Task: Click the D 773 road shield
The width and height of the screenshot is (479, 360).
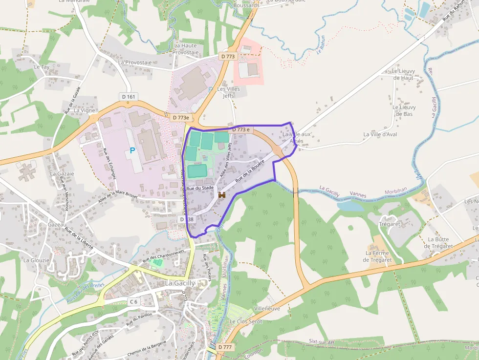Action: (228, 57)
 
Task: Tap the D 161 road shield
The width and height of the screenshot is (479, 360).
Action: (128, 97)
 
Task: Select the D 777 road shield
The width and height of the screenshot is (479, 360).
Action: (225, 347)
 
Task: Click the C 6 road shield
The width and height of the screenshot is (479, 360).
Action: (134, 302)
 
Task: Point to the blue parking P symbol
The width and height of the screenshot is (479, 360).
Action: (132, 151)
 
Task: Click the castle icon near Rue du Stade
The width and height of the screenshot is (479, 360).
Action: (221, 195)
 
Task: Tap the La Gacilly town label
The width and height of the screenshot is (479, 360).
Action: (180, 283)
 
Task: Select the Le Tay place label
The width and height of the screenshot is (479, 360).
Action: (42, 67)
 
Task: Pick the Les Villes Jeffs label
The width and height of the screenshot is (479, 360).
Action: (228, 92)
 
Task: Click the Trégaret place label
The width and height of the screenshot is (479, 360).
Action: (390, 224)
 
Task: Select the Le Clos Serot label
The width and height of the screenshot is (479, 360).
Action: (246, 322)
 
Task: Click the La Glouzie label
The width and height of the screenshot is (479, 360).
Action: (37, 260)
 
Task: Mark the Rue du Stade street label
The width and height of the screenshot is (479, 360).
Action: (200, 188)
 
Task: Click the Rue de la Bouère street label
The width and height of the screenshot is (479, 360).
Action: (250, 171)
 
